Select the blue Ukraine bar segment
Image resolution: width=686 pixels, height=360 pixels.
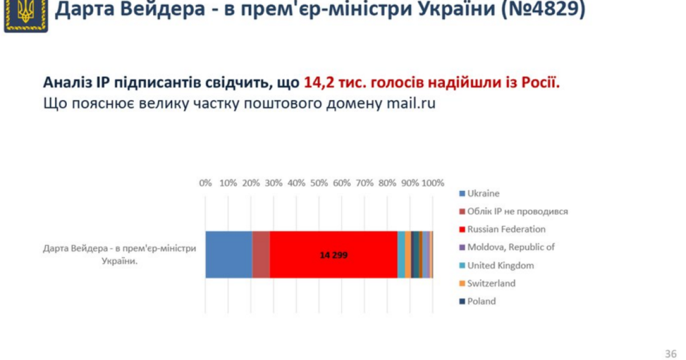[228, 255]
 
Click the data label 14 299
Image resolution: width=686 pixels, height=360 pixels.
[333, 255]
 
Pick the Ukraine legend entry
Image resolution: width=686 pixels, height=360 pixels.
[482, 194]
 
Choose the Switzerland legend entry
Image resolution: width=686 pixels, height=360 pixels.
[490, 283]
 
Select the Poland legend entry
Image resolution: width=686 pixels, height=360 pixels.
[481, 301]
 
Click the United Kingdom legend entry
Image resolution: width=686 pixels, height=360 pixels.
[500, 266]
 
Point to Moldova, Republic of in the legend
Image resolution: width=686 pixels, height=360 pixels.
[510, 247]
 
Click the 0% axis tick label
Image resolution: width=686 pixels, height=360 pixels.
[205, 183]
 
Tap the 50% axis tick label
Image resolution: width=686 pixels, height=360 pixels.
[319, 183]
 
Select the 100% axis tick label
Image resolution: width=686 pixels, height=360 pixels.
[432, 183]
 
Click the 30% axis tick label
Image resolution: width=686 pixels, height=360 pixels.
[273, 183]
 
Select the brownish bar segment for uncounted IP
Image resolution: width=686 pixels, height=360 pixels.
[261, 255]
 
